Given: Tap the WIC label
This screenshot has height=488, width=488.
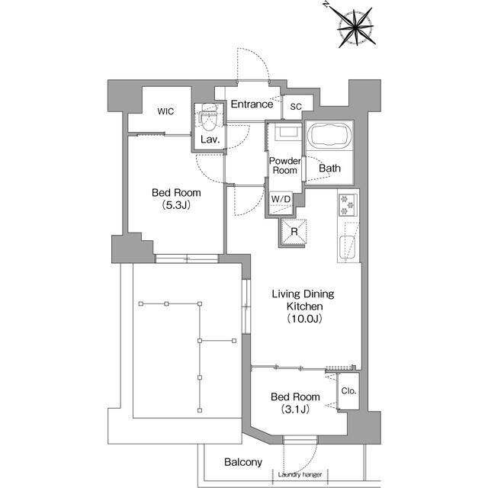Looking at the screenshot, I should coord(165,111).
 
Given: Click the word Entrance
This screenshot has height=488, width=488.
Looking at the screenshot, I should coord(252,104).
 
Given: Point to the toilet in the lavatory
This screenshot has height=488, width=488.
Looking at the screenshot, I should coord(208,120).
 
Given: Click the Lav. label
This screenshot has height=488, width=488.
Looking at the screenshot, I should coord(210,141).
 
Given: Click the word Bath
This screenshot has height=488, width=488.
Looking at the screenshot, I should coord(329,169).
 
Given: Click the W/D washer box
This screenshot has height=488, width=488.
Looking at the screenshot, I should coord(281,199).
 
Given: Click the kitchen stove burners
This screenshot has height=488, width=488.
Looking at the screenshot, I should coord(347,206).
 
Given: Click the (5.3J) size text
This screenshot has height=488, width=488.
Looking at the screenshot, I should coord(175,206).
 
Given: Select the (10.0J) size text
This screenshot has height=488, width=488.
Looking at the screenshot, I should coord(304,319).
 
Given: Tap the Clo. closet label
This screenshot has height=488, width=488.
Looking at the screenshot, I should coord(348,391).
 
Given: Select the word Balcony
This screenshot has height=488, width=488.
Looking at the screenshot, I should coord(243,462).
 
